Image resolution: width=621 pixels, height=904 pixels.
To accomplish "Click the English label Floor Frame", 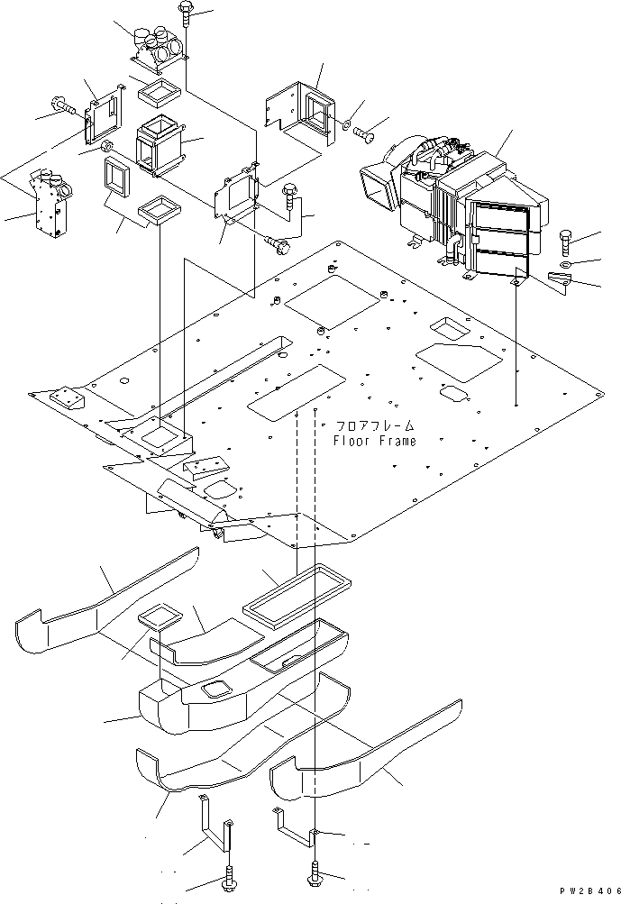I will [374, 441].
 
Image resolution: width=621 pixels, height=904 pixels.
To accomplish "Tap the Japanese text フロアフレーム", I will [375, 425].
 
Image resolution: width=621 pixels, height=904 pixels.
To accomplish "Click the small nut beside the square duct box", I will [106, 146].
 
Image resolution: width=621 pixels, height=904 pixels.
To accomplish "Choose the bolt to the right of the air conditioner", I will [564, 242].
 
